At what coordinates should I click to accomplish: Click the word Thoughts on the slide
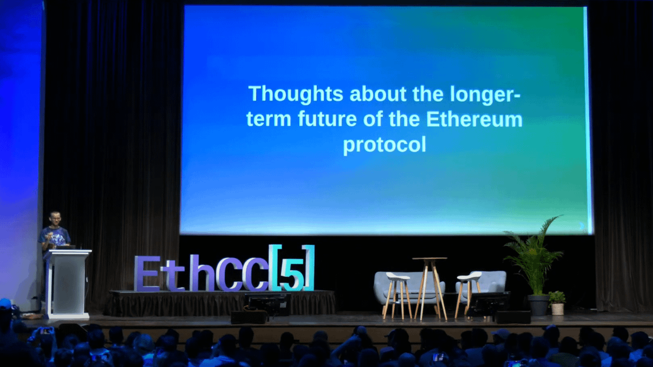point(295,94)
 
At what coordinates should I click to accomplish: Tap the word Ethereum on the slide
point(475,119)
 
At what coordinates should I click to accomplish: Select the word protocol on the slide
point(385,145)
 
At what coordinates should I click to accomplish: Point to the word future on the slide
point(328,119)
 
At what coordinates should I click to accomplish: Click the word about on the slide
point(378,94)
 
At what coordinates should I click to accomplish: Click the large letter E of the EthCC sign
point(147,273)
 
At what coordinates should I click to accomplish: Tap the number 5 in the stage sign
point(292,274)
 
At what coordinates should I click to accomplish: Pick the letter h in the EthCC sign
point(202,273)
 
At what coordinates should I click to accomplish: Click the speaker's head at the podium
point(54,219)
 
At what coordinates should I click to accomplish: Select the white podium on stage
point(67,284)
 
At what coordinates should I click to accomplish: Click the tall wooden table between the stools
point(430,288)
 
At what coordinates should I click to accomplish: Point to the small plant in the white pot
point(557,303)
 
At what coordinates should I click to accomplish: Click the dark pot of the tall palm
point(538,305)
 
